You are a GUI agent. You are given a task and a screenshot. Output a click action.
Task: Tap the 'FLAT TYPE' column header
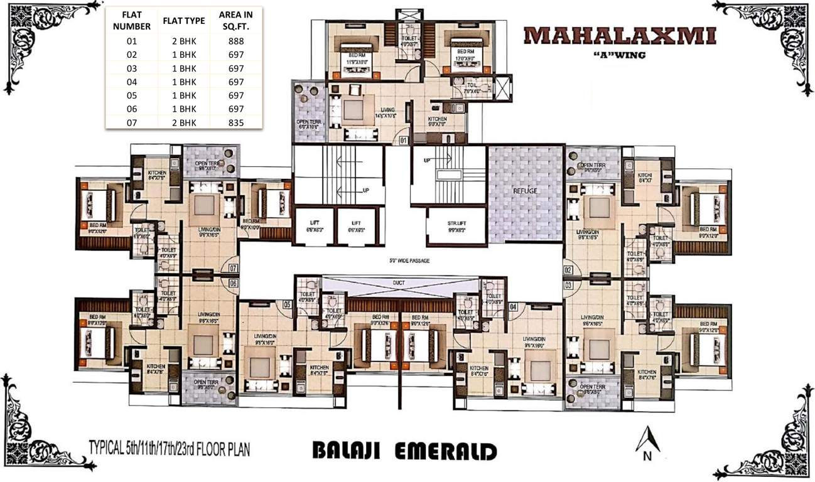[x=184, y=21]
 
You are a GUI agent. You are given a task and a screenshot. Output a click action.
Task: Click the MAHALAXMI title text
[x=619, y=36]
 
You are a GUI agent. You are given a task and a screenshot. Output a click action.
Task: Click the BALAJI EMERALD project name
[x=404, y=451]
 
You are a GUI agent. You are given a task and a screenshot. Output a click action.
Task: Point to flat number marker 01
[x=403, y=139]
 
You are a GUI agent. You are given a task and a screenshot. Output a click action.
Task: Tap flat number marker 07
[x=233, y=269]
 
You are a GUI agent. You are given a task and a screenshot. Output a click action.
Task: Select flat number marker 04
[x=513, y=306]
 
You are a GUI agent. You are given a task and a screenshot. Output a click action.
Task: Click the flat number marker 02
[x=569, y=270]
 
